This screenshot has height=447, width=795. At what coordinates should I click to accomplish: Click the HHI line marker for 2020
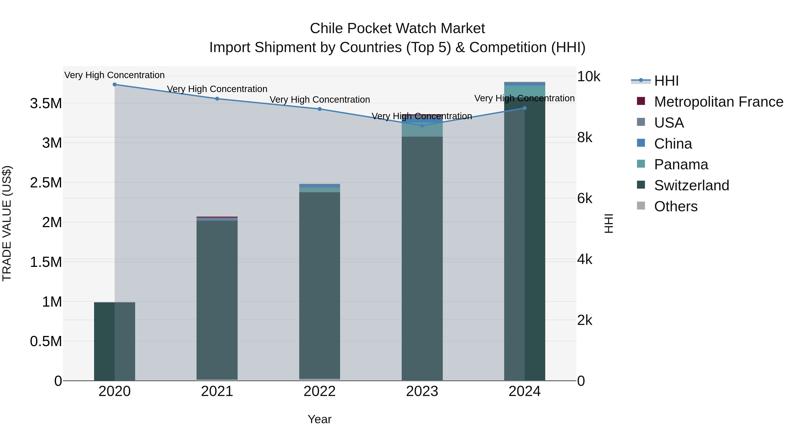[x=114, y=84]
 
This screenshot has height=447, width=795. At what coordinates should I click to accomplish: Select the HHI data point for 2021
[x=217, y=99]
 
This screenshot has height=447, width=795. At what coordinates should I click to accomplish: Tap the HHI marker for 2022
[x=320, y=109]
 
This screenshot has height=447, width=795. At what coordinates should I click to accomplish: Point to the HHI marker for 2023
[x=422, y=126]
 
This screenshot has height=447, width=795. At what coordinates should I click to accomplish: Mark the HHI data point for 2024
[x=525, y=108]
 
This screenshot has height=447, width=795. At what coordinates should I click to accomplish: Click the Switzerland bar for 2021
[x=217, y=299]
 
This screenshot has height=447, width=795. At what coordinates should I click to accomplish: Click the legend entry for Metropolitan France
[x=718, y=102]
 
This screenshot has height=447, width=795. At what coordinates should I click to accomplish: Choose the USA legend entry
[x=669, y=123]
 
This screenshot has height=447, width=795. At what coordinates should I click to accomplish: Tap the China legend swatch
[x=641, y=143]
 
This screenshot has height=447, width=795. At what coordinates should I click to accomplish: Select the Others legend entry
[x=676, y=206]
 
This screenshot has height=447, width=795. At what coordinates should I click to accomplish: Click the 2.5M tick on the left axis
[x=46, y=183]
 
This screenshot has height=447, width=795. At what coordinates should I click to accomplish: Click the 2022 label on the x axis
[x=320, y=391]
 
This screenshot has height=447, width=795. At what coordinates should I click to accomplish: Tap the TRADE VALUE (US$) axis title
[x=7, y=223]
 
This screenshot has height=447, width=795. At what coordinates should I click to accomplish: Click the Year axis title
[x=320, y=419]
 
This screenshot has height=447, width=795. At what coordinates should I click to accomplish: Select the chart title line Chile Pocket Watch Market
[x=397, y=28]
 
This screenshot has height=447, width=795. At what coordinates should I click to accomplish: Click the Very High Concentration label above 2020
[x=114, y=75]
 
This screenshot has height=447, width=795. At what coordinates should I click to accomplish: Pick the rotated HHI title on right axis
[x=609, y=223]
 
